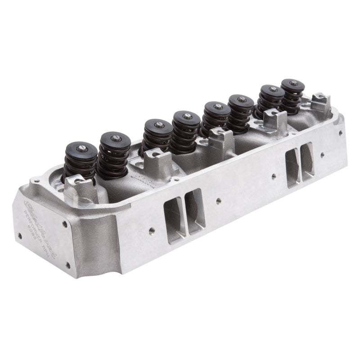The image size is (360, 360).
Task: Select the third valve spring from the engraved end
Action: (157, 135)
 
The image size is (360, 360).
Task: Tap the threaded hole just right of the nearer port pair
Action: (218, 200)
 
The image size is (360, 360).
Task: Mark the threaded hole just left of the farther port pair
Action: (274, 175)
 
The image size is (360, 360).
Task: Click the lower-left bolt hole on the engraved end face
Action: (19, 235)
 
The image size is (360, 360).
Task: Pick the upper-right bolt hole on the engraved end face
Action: (65, 224)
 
